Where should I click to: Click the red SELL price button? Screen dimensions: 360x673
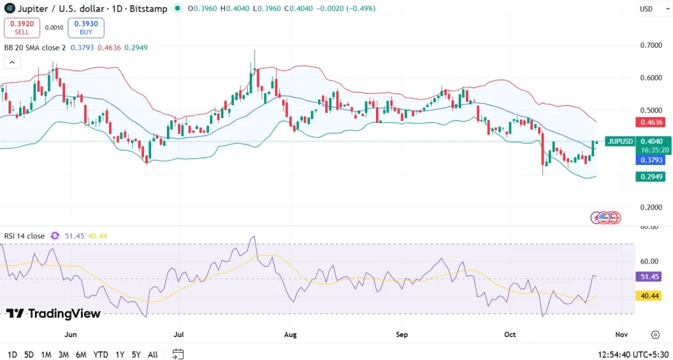(x=22, y=28)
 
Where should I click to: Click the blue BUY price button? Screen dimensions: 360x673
(x=85, y=28)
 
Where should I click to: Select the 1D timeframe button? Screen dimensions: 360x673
(x=12, y=354)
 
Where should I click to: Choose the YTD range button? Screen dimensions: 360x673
(x=101, y=354)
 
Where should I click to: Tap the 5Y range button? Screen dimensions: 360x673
(x=136, y=354)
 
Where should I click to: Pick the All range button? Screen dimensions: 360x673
(x=152, y=354)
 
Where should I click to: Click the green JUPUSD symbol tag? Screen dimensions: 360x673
(x=620, y=141)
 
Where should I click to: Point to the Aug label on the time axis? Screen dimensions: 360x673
(x=290, y=334)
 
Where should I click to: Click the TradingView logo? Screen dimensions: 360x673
(x=53, y=313)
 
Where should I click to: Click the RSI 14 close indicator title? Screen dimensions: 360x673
(x=24, y=235)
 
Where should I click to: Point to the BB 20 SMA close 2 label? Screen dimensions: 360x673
(x=35, y=47)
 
